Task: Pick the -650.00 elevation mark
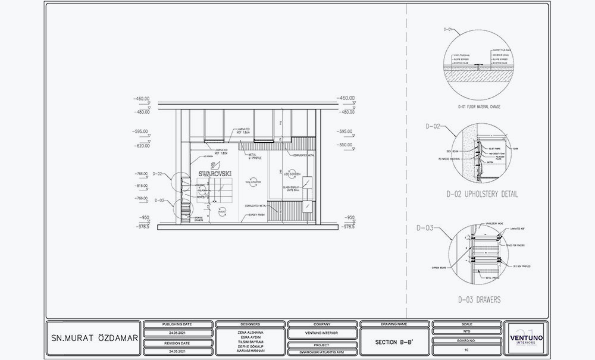[345, 145]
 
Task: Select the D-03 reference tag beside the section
[159, 201]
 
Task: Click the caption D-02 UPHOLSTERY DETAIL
[482, 194]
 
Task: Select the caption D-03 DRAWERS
[479, 299]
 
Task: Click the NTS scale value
[466, 333]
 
